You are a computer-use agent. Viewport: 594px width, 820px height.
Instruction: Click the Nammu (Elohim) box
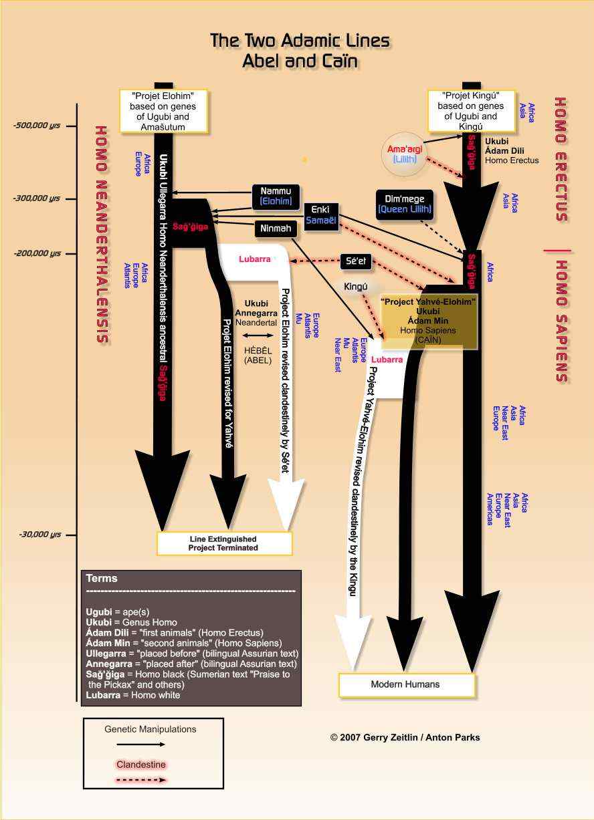[x=276, y=196]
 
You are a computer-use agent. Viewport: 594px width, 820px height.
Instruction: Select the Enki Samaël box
[x=321, y=215]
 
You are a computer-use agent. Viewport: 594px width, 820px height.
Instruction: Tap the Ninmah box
[x=276, y=229]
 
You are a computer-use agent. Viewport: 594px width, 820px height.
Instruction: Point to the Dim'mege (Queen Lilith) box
[x=405, y=204]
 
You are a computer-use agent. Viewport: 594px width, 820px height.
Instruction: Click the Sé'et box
[x=356, y=261]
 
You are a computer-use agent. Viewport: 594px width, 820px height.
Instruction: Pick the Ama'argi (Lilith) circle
[x=405, y=154]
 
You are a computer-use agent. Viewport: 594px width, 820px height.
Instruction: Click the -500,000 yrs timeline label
[x=37, y=126]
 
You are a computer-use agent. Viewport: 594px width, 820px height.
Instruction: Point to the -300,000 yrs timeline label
[x=37, y=198]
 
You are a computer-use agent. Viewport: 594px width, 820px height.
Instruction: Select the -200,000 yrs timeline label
[x=37, y=253]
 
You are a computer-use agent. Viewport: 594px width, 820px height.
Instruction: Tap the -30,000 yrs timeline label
[x=39, y=535]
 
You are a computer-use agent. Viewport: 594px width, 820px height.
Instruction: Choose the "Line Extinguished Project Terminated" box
[x=224, y=543]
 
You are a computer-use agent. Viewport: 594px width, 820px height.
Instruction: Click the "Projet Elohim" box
[x=163, y=112]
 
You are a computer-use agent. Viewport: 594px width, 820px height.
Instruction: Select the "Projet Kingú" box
[x=471, y=111]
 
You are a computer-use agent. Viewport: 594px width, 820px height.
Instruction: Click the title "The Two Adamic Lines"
[x=300, y=40]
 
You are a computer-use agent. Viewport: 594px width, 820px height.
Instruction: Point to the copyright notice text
[x=405, y=737]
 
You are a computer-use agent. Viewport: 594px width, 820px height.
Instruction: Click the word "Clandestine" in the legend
[x=141, y=765]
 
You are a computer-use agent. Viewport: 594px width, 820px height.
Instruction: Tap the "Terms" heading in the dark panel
[x=102, y=578]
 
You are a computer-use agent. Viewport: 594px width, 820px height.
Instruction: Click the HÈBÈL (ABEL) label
[x=258, y=356]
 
